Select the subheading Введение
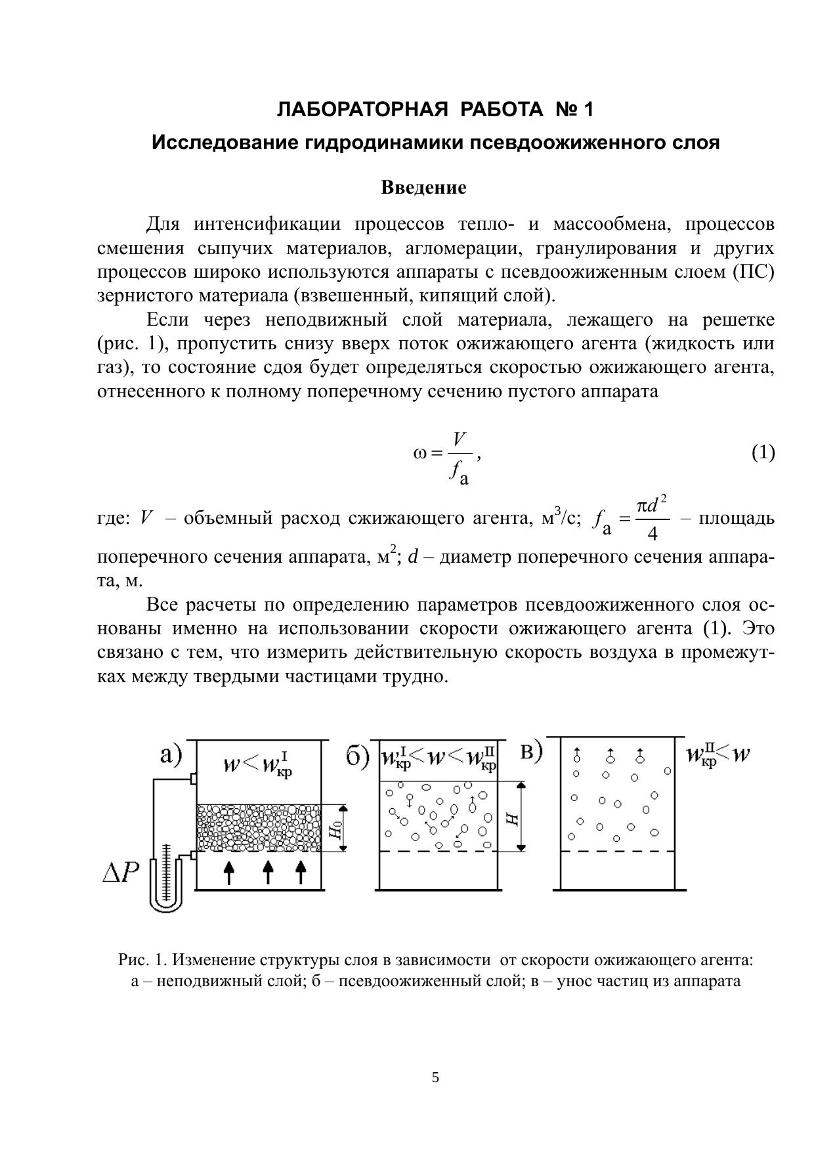click(423, 188)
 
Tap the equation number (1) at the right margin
click(763, 452)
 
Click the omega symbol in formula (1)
click(420, 453)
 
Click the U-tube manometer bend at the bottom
click(165, 906)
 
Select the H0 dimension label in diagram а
click(335, 829)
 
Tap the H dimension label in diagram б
click(512, 817)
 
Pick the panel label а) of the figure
click(171, 756)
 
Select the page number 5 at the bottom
click(435, 1077)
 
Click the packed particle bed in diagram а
click(259, 828)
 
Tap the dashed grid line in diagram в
click(617, 852)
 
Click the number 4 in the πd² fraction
click(652, 534)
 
